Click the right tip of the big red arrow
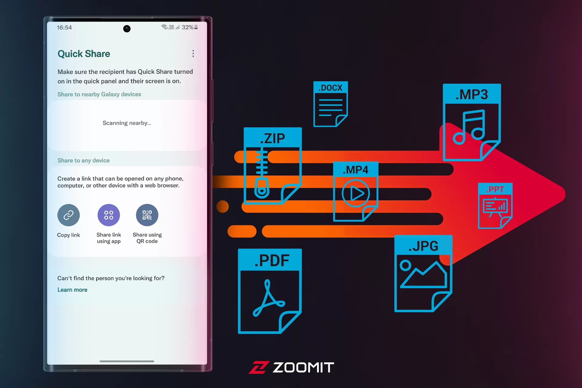[565, 194]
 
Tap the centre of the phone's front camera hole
[127, 28]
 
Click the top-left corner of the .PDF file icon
[238, 249]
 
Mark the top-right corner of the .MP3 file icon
[501, 84]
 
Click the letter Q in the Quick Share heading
[62, 54]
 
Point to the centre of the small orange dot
[222, 206]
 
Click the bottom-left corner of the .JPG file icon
[395, 312]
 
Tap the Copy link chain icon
[69, 215]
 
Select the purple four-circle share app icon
[109, 215]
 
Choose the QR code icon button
[147, 215]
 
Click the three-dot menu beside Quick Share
[193, 54]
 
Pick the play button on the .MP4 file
[356, 193]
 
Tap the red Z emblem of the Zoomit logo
[259, 367]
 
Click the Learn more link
[72, 290]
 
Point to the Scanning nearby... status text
[127, 123]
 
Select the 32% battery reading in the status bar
[187, 27]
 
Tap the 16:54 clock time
[64, 28]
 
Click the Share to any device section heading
[84, 160]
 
